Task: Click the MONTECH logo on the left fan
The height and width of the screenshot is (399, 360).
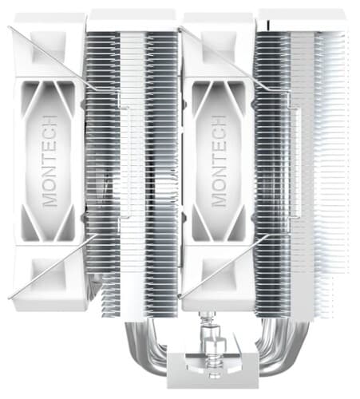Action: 50,161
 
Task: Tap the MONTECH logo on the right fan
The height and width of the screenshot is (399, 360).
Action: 219,161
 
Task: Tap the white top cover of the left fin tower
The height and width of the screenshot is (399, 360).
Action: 132,20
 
